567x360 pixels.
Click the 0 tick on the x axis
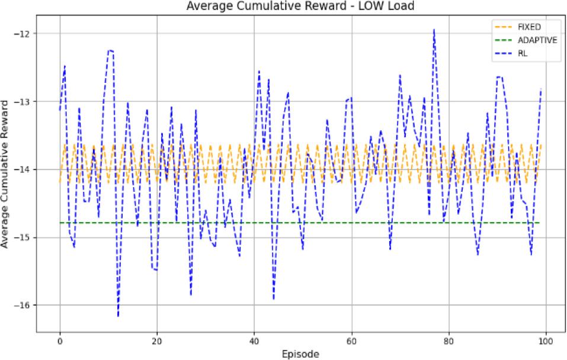(60, 342)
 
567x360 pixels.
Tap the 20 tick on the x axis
(157, 342)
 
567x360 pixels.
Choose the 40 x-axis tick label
(254, 342)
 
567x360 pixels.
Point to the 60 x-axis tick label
(351, 342)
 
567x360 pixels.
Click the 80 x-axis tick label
(449, 342)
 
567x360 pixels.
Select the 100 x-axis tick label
(546, 342)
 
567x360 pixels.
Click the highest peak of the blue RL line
(434, 29)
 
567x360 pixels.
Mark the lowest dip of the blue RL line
(118, 316)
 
